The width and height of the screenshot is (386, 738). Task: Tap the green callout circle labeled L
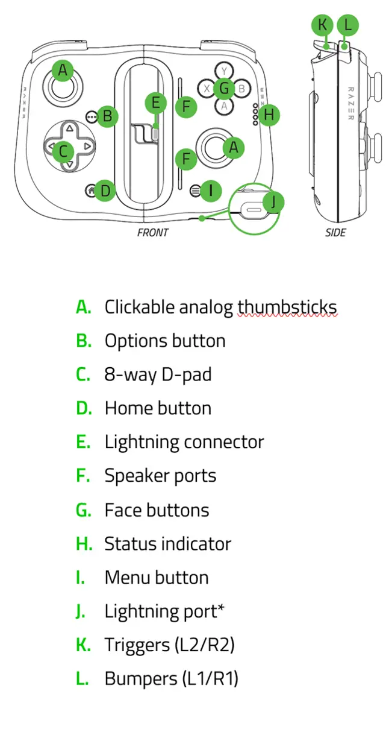pyautogui.click(x=347, y=25)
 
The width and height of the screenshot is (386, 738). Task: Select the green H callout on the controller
pyautogui.click(x=269, y=114)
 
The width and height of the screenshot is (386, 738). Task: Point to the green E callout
pyautogui.click(x=155, y=102)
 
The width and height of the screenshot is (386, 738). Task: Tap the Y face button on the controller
pyautogui.click(x=224, y=71)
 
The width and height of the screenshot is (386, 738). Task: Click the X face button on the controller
pyautogui.click(x=207, y=89)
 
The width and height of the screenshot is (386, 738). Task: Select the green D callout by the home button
pyautogui.click(x=105, y=191)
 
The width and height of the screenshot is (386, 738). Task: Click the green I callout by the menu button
pyautogui.click(x=210, y=191)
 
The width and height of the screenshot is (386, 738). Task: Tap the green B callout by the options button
pyautogui.click(x=107, y=116)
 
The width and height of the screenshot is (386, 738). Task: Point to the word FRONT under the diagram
pyautogui.click(x=153, y=232)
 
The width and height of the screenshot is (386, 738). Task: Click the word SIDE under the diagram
pyautogui.click(x=335, y=232)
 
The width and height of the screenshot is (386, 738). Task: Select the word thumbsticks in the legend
pyautogui.click(x=287, y=307)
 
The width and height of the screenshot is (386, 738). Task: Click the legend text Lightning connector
pyautogui.click(x=184, y=442)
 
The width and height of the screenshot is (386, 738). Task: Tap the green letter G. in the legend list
pyautogui.click(x=84, y=510)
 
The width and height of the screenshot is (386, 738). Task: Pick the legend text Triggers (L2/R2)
pyautogui.click(x=169, y=645)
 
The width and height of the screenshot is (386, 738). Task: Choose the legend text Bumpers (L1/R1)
pyautogui.click(x=171, y=678)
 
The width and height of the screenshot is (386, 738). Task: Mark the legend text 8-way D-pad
pyautogui.click(x=158, y=374)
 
